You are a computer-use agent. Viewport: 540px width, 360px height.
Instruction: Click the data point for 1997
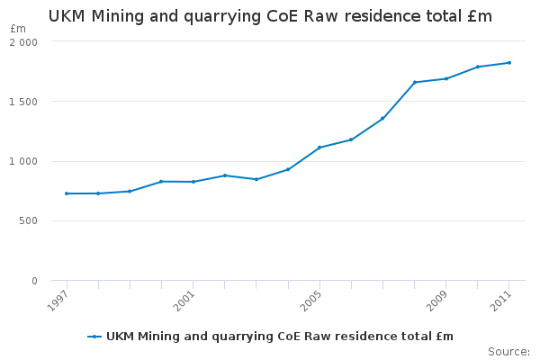coord(67,193)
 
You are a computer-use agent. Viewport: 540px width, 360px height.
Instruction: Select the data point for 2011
coord(509,63)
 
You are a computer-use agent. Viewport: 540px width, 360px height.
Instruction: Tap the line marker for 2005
coord(319,148)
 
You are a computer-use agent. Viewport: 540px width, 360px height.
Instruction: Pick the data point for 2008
coord(415,83)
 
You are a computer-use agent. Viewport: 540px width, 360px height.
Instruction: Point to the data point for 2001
coord(193,182)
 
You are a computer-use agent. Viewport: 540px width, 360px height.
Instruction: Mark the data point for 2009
coord(446,79)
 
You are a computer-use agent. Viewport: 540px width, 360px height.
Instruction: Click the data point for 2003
coord(256,179)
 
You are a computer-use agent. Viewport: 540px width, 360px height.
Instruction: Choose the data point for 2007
coord(382,119)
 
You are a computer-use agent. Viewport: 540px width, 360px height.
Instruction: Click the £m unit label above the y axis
coord(18,29)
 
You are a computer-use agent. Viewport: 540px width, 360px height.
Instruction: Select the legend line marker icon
coord(94,337)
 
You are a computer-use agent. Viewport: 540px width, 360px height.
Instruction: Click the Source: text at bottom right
coord(508,351)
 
